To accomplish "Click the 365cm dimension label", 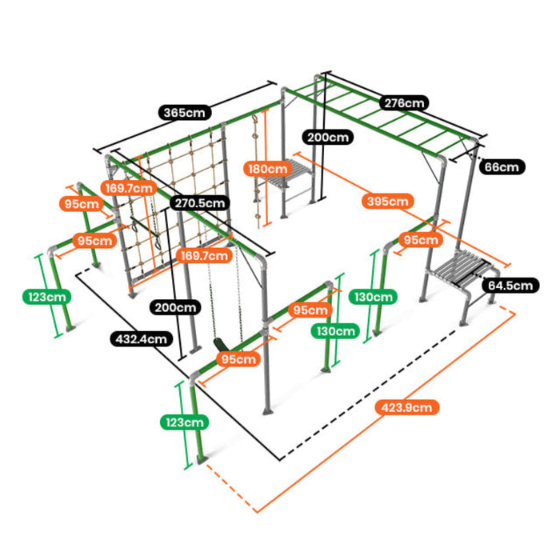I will [x=182, y=112].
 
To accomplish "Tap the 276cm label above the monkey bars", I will [x=404, y=102].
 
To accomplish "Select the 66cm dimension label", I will [x=502, y=167].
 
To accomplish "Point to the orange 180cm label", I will [x=266, y=169].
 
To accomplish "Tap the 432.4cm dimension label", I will [x=140, y=338].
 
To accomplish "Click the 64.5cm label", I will [x=510, y=285].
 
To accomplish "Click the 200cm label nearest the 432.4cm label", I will [x=175, y=306].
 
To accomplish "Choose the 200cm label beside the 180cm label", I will [x=328, y=137].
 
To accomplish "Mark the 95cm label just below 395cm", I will [x=419, y=239].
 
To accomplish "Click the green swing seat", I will [x=218, y=343].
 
